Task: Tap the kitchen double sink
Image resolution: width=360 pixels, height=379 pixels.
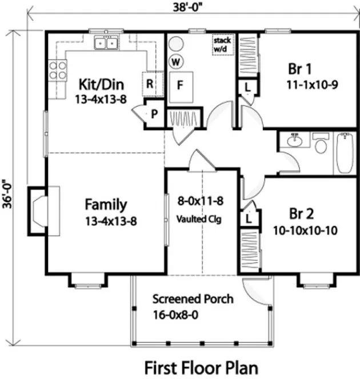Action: (106, 42)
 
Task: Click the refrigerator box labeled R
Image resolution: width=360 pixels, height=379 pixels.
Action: (150, 83)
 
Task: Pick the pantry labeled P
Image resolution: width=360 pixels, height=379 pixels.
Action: (154, 114)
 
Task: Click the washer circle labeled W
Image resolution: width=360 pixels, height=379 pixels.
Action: (175, 62)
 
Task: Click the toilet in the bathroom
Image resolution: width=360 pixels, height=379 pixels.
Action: (321, 147)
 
